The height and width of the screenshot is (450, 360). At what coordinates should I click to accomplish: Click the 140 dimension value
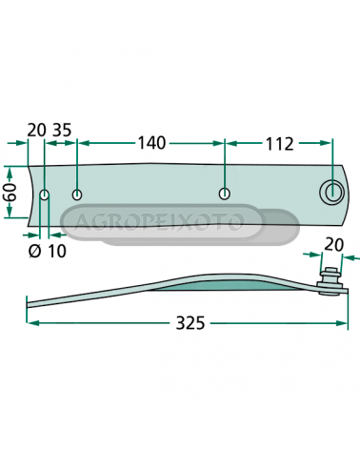pos(151,143)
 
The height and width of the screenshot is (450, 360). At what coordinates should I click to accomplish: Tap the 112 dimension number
pos(279,144)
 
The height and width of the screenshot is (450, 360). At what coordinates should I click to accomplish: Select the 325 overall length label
pos(190,323)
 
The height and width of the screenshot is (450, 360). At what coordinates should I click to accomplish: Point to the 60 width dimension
pos(11,192)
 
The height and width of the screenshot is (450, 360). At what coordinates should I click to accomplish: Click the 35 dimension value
pos(62,130)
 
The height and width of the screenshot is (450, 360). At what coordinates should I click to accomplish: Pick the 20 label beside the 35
pos(37,130)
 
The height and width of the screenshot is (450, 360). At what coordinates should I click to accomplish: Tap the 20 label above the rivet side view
pos(333,245)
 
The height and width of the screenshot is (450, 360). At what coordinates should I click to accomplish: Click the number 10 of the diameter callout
pos(57,251)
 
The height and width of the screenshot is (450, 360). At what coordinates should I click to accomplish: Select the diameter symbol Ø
pos(35,251)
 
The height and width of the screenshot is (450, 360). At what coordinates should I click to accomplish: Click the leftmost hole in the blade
pos(44,194)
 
